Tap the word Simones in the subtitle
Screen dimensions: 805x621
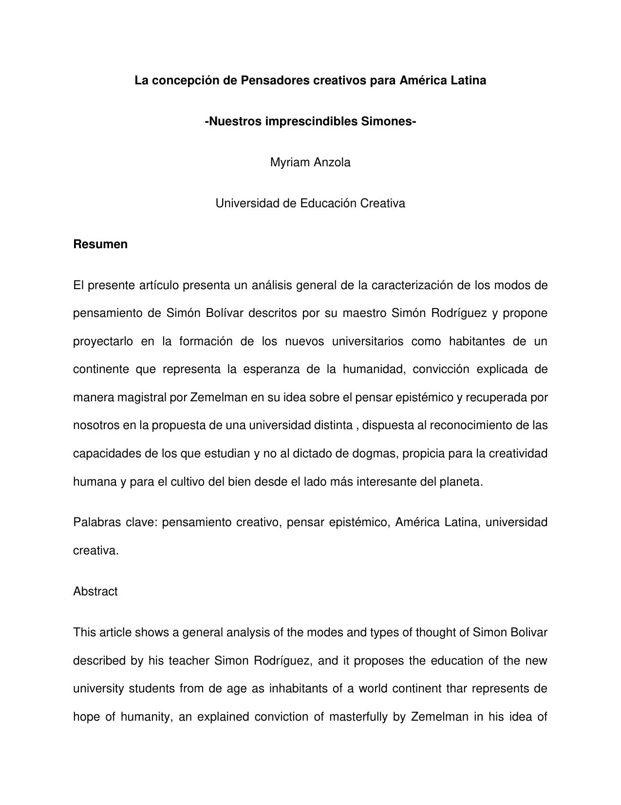pyautogui.click(x=388, y=121)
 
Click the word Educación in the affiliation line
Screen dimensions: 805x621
pyautogui.click(x=329, y=203)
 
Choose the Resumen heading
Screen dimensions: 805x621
pyautogui.click(x=100, y=244)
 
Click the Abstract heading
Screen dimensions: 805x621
pyautogui.click(x=95, y=591)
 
